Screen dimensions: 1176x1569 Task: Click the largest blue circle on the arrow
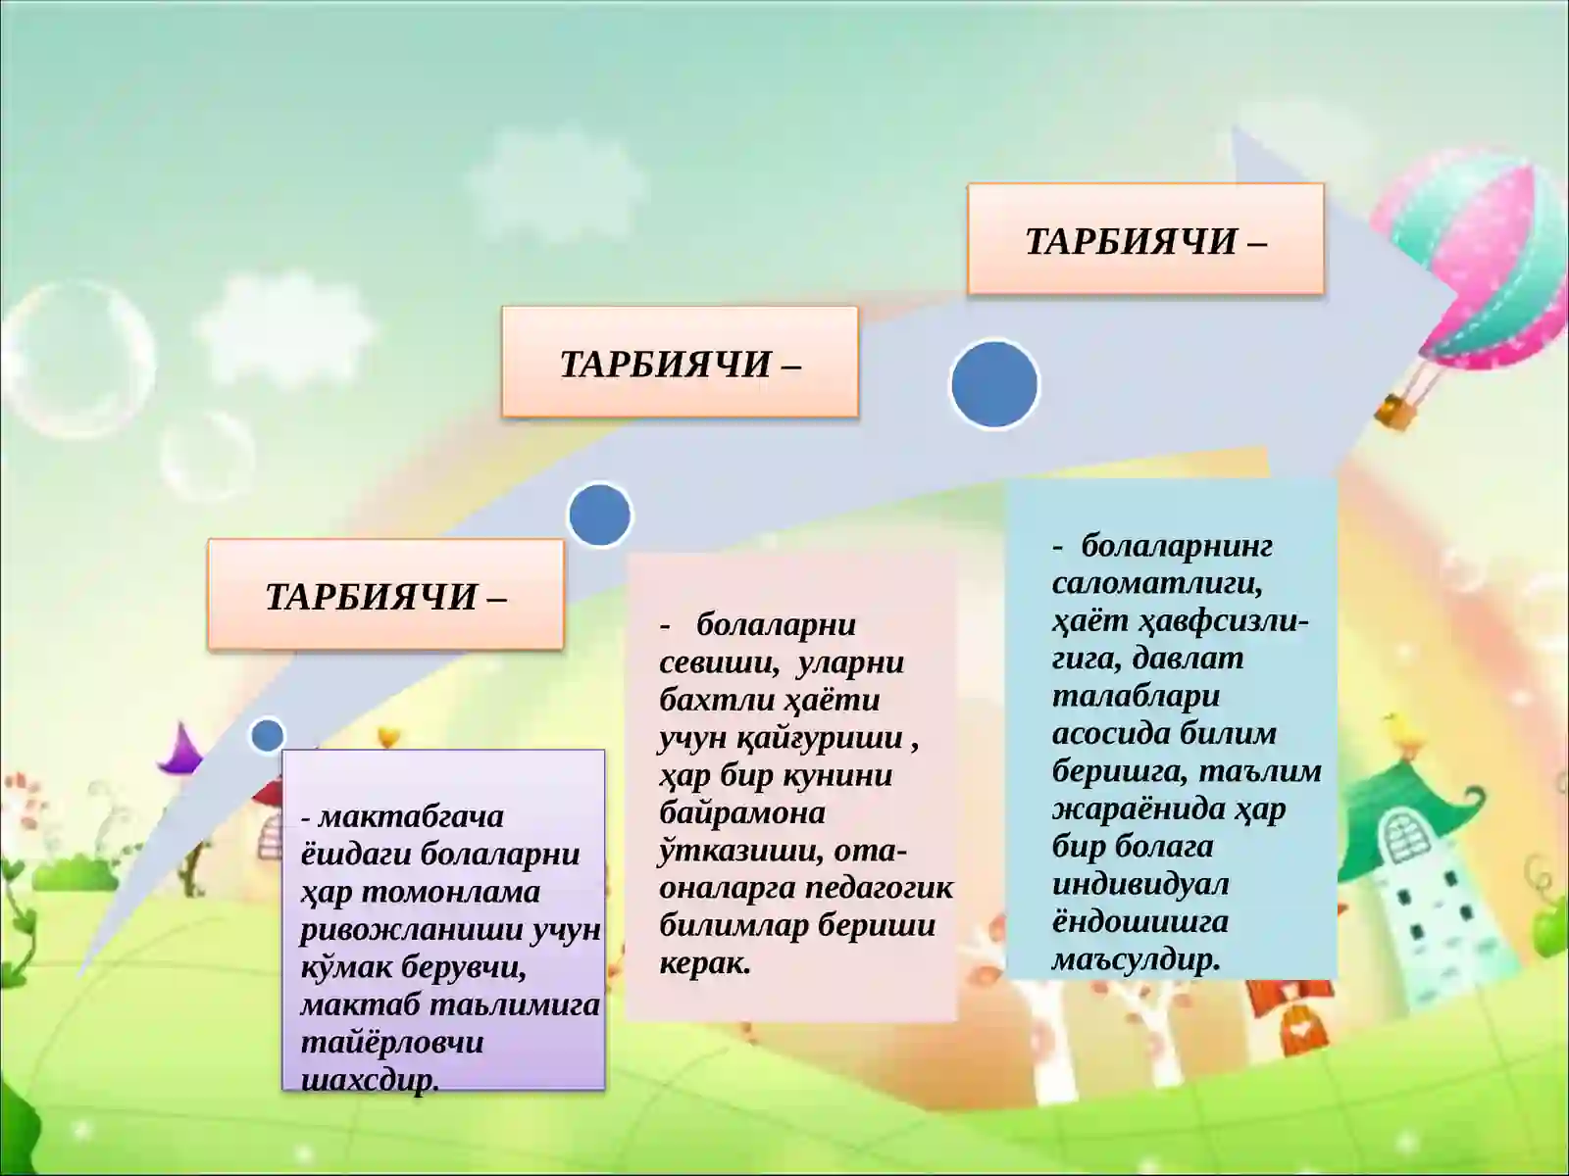(994, 383)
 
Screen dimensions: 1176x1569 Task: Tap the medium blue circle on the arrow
(599, 514)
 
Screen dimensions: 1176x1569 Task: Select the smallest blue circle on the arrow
(267, 735)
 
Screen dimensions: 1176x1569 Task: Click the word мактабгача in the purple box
(411, 816)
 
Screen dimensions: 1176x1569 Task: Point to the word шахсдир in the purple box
(368, 1080)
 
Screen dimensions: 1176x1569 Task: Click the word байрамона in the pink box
(741, 812)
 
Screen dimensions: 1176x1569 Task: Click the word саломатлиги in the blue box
(1156, 583)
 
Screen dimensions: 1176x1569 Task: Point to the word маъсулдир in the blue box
(1136, 959)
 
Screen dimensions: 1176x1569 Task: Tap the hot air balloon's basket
(1396, 411)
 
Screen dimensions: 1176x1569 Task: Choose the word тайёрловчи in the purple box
(391, 1043)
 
